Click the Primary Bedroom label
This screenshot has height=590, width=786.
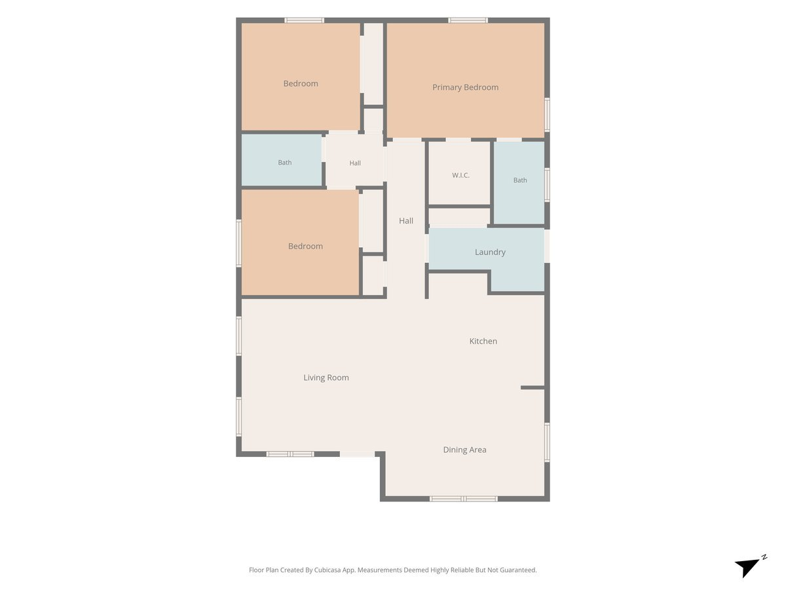point(465,87)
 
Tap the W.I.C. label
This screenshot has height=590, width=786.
point(460,175)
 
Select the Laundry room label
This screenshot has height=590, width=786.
point(490,252)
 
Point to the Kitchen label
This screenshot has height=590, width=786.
point(483,341)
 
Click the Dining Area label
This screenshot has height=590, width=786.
point(464,450)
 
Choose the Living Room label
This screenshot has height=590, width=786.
point(326,378)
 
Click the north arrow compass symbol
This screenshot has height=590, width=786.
point(750,566)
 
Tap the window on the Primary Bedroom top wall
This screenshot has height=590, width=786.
point(468,20)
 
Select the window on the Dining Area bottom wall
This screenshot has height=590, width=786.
point(463,499)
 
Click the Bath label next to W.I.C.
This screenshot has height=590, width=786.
point(520,180)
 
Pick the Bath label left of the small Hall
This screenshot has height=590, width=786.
point(285,163)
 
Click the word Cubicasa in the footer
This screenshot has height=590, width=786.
point(327,570)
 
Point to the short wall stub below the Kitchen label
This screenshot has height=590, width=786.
point(533,387)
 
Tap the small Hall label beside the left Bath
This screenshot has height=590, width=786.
point(355,163)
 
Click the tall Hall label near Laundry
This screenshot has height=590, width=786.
point(406,221)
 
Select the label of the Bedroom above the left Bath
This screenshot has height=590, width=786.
point(301,83)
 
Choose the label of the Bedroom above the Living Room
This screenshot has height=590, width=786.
point(305,246)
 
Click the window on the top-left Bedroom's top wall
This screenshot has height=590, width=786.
point(305,20)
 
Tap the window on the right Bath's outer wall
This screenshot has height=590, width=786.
point(547,185)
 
